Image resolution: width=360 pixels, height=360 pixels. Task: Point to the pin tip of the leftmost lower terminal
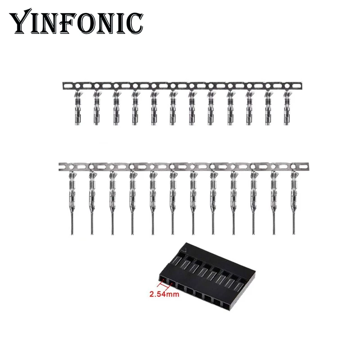[x=71, y=232]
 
